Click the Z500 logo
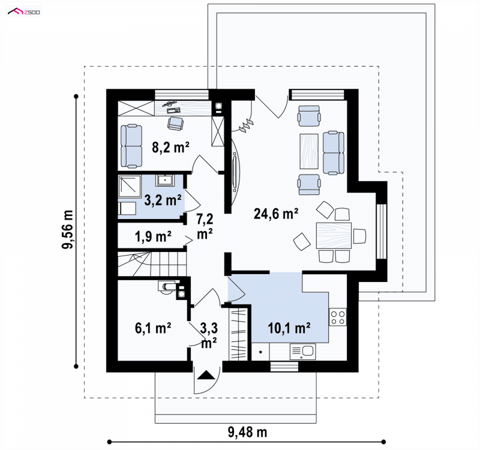click(x=24, y=11)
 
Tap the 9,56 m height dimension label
click(x=68, y=229)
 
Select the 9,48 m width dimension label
click(x=247, y=432)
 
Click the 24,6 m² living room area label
click(x=276, y=214)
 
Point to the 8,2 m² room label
click(x=170, y=147)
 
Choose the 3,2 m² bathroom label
click(x=163, y=200)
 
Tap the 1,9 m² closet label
click(x=153, y=236)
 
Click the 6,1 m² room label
click(x=153, y=328)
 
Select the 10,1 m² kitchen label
click(x=289, y=328)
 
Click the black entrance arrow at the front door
click(x=206, y=375)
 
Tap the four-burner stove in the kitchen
click(x=338, y=317)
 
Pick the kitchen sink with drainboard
click(x=302, y=352)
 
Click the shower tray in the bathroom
click(x=130, y=186)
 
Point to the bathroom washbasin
click(x=165, y=181)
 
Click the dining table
click(x=334, y=235)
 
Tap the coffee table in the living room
click(x=309, y=151)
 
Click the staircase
click(x=152, y=263)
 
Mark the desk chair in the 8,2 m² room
click(x=176, y=123)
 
